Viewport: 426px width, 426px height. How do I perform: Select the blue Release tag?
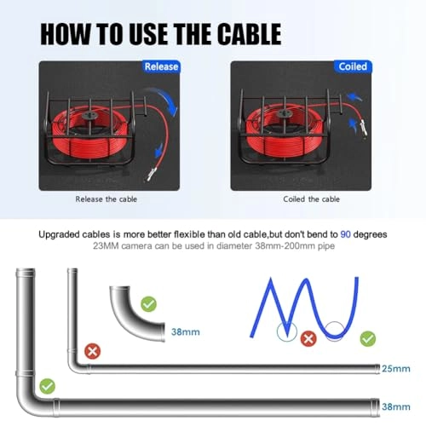coord(162,66)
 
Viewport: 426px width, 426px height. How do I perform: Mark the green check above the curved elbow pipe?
coord(149,302)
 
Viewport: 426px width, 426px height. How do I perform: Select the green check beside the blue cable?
coord(368,338)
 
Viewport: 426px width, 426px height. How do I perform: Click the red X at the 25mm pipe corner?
coord(92,350)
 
